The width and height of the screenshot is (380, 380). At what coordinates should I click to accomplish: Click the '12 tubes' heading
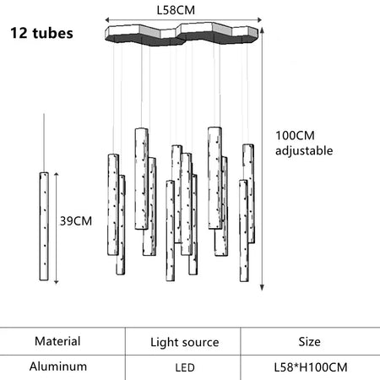[41, 33]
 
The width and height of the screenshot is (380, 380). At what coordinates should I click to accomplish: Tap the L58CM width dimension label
[176, 10]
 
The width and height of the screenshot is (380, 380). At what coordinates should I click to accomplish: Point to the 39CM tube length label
[76, 221]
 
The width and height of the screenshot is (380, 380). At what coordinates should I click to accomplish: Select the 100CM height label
[295, 135]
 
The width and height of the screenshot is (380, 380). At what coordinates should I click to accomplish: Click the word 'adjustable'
[304, 151]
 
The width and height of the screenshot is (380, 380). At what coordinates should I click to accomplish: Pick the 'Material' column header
[57, 341]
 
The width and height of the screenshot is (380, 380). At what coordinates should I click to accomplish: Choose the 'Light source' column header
[185, 342]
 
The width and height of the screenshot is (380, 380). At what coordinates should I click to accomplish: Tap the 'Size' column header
[309, 342]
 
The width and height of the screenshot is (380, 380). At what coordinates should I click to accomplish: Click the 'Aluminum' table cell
[58, 366]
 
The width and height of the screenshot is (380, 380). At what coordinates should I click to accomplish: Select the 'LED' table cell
[185, 367]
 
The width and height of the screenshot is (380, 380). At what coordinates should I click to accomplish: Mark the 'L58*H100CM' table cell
[311, 367]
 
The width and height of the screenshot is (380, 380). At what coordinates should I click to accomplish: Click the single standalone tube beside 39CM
[44, 226]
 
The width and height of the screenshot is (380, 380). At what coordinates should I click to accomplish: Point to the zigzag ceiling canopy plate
[182, 35]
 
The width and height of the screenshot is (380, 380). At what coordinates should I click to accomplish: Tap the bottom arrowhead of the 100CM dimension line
[262, 288]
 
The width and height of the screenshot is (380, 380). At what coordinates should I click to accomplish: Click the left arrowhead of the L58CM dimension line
[107, 19]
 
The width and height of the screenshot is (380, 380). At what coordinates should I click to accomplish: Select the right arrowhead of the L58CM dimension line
[259, 19]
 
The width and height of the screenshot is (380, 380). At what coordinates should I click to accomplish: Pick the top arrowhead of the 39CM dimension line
[57, 175]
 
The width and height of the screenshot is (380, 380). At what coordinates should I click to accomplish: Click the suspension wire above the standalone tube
[44, 143]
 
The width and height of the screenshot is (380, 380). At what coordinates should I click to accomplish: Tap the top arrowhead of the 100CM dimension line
[262, 30]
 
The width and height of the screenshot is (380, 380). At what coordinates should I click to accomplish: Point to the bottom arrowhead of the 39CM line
[57, 281]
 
